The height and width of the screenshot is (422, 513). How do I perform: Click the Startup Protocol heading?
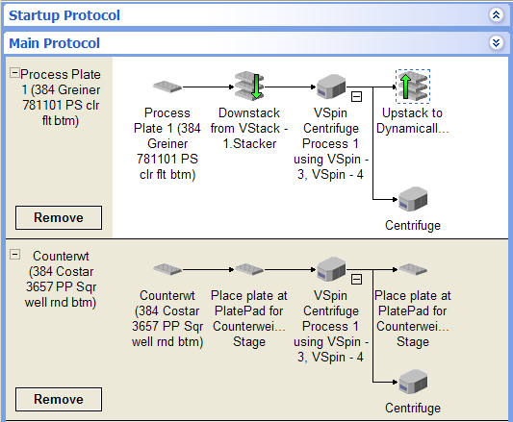64,15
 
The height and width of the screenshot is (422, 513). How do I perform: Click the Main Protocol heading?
54,43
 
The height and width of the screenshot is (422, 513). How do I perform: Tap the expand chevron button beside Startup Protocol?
496,14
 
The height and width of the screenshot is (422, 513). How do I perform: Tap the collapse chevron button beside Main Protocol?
496,42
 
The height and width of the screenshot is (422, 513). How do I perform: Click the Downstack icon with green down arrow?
249,86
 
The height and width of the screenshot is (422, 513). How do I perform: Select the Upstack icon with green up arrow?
413,87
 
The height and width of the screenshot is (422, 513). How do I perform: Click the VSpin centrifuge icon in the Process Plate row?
331,86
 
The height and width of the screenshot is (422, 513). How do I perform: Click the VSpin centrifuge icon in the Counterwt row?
331,269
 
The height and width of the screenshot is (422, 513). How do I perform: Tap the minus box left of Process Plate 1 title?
14,72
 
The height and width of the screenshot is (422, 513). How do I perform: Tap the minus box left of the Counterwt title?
14,255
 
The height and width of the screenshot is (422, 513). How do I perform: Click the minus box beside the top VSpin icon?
356,97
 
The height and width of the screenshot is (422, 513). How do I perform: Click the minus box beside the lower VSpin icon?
356,280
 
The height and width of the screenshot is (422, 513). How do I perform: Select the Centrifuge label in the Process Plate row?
413,226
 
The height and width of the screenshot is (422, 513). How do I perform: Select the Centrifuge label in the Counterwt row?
413,408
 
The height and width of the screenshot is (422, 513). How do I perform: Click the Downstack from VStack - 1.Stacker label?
249,128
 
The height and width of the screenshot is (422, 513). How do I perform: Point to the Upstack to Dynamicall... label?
413,120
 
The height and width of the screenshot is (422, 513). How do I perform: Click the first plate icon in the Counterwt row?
167,269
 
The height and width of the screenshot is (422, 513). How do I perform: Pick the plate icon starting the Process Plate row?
167,87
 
